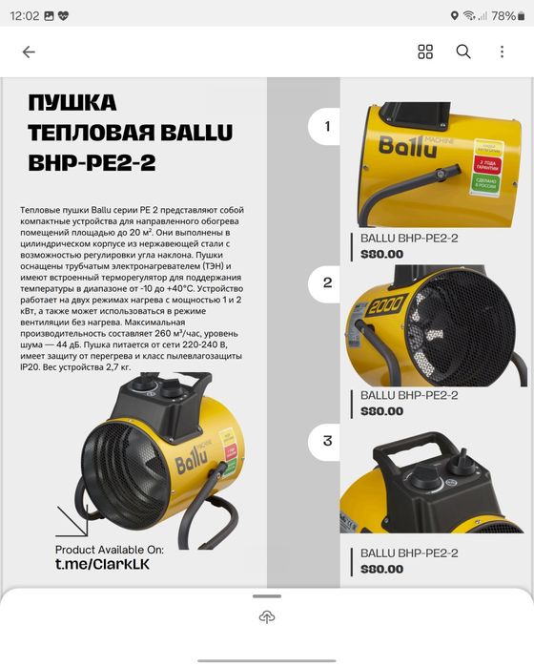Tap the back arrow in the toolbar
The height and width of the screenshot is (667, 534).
[x=29, y=52]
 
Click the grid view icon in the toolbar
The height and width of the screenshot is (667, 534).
[x=425, y=52]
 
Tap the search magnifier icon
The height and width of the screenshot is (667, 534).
[x=463, y=52]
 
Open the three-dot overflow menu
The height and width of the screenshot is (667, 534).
[x=502, y=52]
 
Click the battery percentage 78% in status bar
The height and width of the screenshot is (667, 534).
[x=503, y=15]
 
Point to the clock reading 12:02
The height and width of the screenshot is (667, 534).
[x=27, y=15]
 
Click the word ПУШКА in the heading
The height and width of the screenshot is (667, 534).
[x=72, y=103]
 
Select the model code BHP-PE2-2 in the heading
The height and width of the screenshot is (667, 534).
[x=92, y=162]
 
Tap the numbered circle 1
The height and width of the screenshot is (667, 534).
[x=327, y=126]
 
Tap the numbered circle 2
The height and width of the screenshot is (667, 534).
[x=327, y=282]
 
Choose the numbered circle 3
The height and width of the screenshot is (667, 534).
[x=327, y=441]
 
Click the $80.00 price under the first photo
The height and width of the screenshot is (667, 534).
[x=381, y=254]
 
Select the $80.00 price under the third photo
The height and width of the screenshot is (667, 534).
[x=381, y=570]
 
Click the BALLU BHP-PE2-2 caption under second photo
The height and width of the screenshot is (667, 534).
[x=409, y=395]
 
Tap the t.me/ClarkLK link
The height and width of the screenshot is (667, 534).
[x=102, y=565]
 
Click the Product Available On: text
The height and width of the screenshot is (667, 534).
[x=110, y=550]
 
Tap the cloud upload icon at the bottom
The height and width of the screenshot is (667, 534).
[x=267, y=617]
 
